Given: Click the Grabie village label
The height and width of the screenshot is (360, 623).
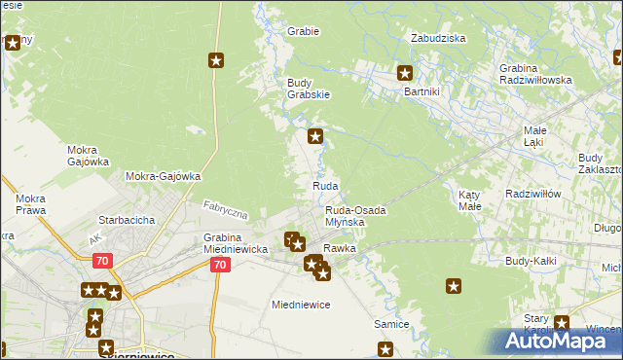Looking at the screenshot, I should (303, 31).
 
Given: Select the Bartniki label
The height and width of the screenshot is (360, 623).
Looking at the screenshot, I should (423, 90).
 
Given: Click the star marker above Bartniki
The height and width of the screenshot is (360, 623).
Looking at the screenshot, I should (406, 72).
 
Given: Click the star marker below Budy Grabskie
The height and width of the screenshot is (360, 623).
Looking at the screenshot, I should (315, 136).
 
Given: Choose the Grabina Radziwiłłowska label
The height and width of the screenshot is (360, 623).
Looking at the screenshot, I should (535, 74).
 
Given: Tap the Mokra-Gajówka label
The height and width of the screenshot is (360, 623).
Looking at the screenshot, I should (163, 176).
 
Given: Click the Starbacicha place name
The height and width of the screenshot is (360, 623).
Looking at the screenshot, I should (126, 220).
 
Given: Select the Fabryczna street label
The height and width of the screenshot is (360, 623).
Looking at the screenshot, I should (226, 209).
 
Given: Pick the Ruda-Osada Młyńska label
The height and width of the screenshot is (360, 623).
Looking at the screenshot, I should (355, 216).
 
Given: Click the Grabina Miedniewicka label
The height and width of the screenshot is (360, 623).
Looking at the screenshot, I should (235, 243).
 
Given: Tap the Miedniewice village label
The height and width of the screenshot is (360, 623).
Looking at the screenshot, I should (301, 305).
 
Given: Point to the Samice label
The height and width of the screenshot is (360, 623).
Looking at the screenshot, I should (390, 323).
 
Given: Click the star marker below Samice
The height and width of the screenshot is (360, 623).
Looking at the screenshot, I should (385, 349).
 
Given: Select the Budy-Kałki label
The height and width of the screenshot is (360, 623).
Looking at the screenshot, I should (531, 261).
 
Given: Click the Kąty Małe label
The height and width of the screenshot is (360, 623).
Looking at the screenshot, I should (470, 200).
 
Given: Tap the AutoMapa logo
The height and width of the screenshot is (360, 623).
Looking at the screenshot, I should (556, 341).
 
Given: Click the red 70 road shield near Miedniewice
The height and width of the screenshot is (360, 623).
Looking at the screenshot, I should (221, 265).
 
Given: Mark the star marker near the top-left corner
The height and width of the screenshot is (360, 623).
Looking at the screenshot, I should (13, 43).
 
